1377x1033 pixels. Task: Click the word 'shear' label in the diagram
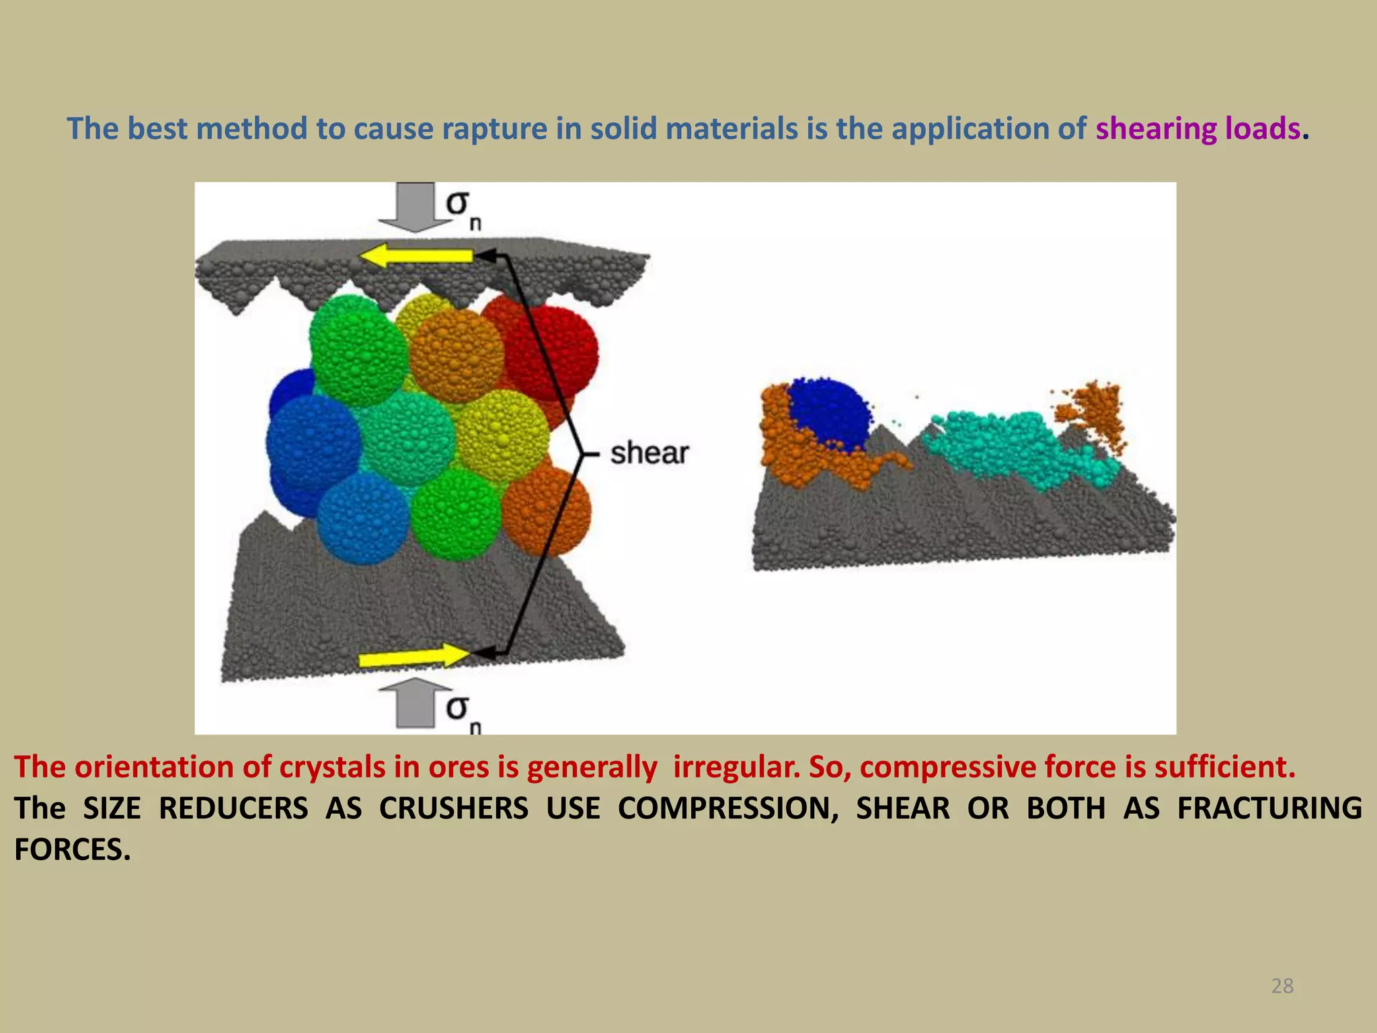coord(650,453)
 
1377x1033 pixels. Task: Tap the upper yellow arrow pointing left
coord(417,256)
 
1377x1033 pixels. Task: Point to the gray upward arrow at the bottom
coord(416,703)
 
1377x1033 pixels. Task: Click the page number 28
coord(1282,986)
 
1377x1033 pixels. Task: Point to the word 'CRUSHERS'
coord(454,808)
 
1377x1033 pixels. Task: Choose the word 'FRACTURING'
coord(1269,808)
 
